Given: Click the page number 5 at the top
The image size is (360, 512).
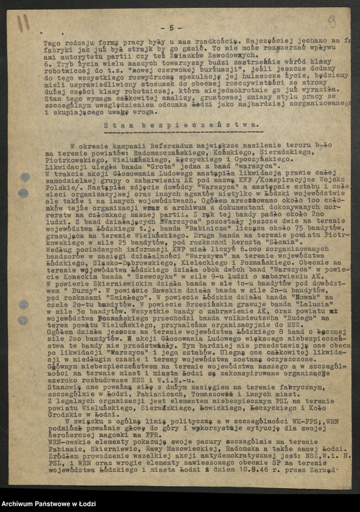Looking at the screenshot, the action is coord(172,28).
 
